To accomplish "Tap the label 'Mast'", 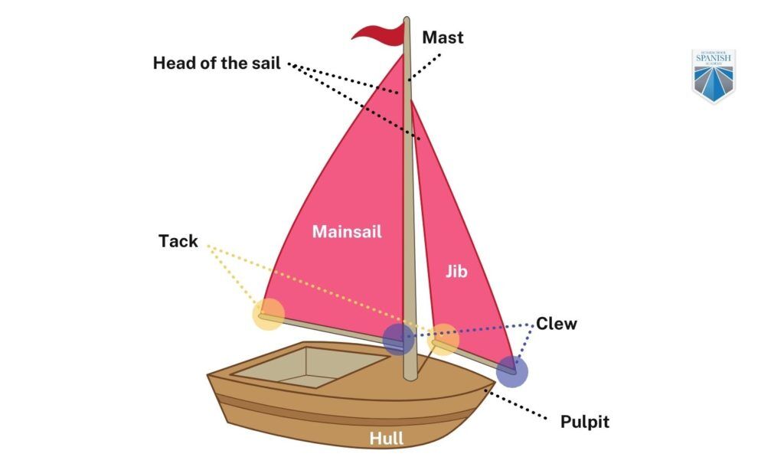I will pyautogui.click(x=443, y=37).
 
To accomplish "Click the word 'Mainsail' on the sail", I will pyautogui.click(x=346, y=231).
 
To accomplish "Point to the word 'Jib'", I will pyautogui.click(x=456, y=271).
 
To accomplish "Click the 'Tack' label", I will pyautogui.click(x=178, y=241).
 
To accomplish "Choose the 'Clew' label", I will pyautogui.click(x=556, y=323).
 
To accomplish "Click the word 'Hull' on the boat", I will pyautogui.click(x=387, y=439).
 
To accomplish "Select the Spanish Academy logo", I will pyautogui.click(x=713, y=75).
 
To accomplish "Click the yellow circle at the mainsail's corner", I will pyautogui.click(x=269, y=315).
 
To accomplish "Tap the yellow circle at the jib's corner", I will pyautogui.click(x=443, y=339).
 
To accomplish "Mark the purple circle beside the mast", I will pyautogui.click(x=398, y=338).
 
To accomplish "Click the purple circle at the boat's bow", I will pyautogui.click(x=511, y=372).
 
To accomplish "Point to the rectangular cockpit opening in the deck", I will pyautogui.click(x=307, y=365).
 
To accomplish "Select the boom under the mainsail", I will pyautogui.click(x=329, y=325).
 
